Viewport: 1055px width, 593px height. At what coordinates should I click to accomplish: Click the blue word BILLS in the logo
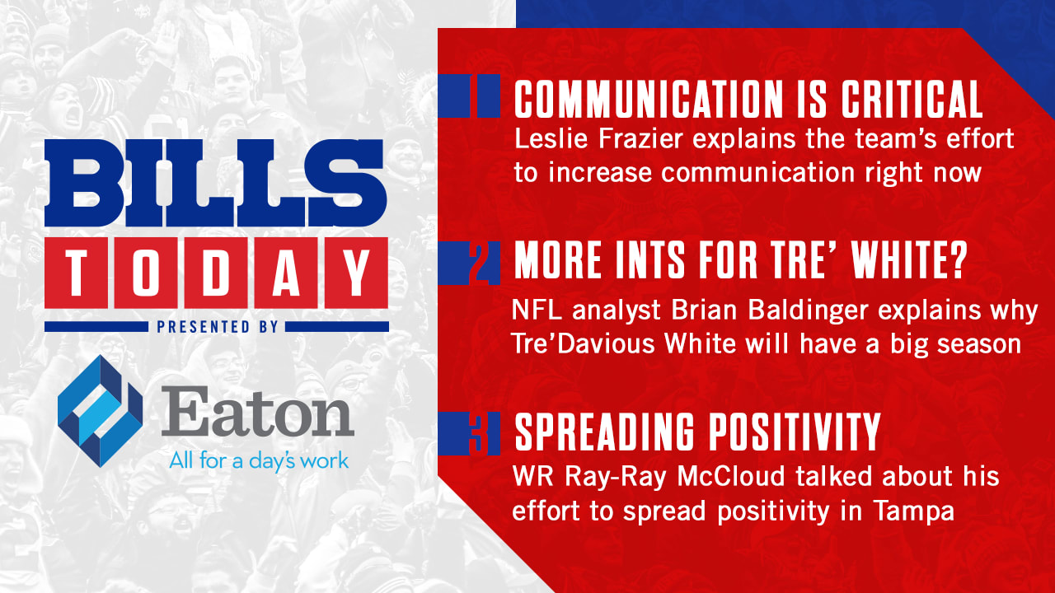(216, 183)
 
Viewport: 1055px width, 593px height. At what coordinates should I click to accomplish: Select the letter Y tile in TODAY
(357, 273)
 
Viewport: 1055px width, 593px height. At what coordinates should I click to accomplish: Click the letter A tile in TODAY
(286, 273)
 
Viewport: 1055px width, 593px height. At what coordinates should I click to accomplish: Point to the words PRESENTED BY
(218, 327)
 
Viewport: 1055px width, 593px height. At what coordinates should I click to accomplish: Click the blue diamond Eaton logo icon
(100, 411)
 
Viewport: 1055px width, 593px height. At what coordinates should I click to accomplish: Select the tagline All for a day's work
(259, 460)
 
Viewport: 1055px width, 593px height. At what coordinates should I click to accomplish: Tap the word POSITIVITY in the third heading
(795, 432)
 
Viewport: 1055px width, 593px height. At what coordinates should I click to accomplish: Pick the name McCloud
(731, 476)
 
